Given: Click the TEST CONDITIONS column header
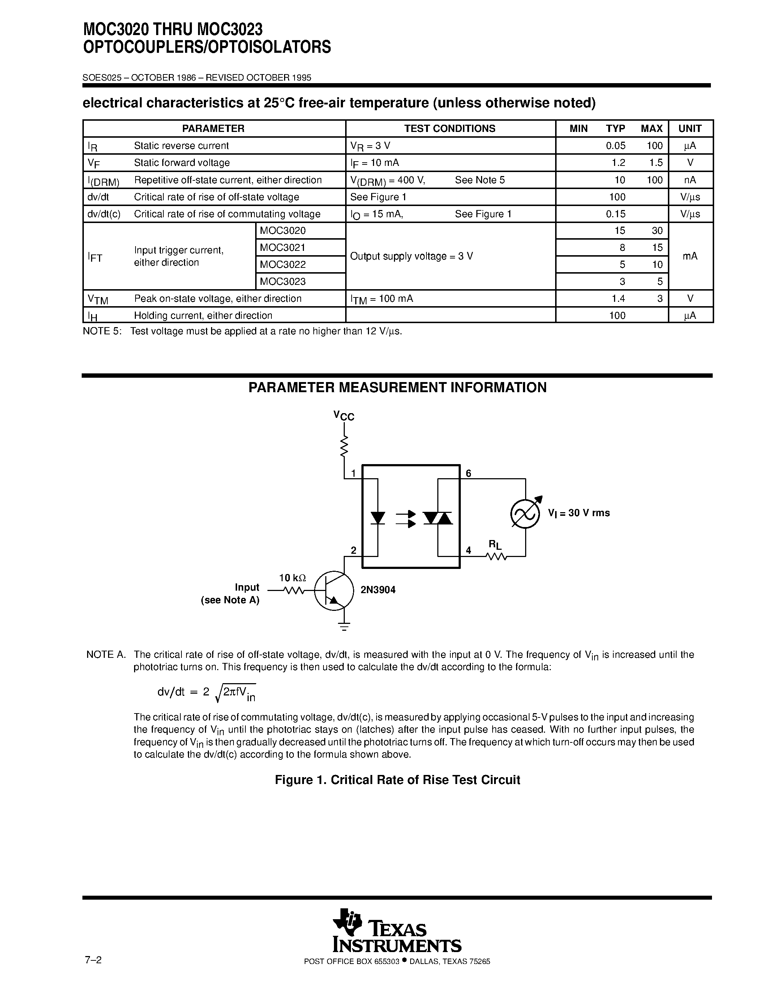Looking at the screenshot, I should pyautogui.click(x=450, y=129).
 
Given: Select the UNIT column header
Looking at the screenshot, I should pyautogui.click(x=690, y=129).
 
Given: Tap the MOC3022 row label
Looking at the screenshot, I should pyautogui.click(x=283, y=265).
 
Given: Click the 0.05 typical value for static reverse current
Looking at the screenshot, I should pyautogui.click(x=615, y=146).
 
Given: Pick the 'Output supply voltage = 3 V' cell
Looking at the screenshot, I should pyautogui.click(x=411, y=256).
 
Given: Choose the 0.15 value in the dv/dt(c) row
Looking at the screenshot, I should pyautogui.click(x=615, y=214).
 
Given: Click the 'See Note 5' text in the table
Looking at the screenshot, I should pyautogui.click(x=480, y=180).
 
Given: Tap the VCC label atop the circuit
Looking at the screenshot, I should pyautogui.click(x=343, y=416).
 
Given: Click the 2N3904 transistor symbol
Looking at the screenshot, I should pyautogui.click(x=334, y=590).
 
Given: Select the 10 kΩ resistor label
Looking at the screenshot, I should pyautogui.click(x=292, y=578).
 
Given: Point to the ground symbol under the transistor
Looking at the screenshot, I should pyautogui.click(x=344, y=627).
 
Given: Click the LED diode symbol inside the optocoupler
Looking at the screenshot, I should pyautogui.click(x=378, y=518).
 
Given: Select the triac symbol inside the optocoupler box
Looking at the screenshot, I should pyautogui.click(x=438, y=518).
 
